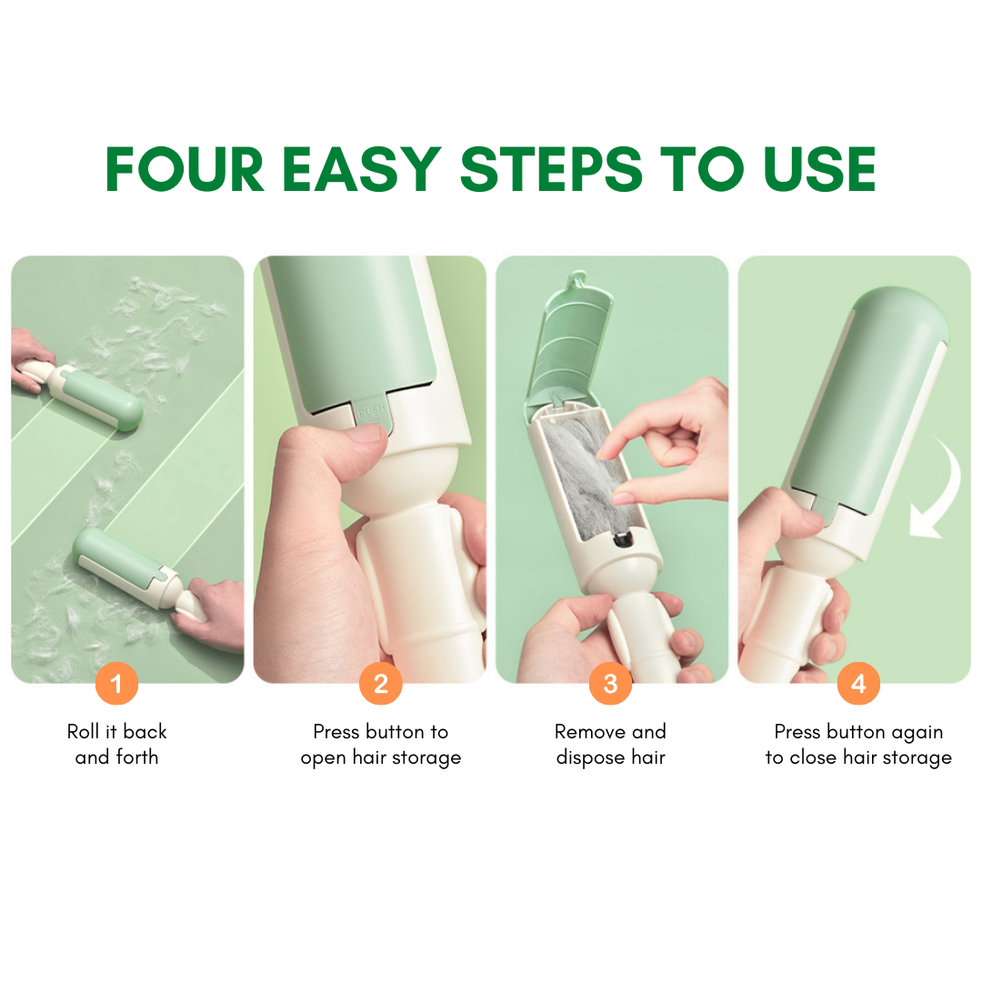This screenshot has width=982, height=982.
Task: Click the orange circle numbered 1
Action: tap(116, 683)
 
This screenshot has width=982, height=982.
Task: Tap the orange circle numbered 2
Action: tap(381, 683)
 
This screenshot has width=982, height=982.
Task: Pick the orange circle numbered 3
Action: tap(611, 683)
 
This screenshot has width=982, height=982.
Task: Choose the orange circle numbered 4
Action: tap(858, 683)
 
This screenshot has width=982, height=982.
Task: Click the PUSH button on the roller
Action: tap(372, 411)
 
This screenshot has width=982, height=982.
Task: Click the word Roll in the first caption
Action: tap(84, 731)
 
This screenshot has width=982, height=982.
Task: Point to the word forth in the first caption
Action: tap(136, 757)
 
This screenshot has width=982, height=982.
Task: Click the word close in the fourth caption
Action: tap(814, 757)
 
